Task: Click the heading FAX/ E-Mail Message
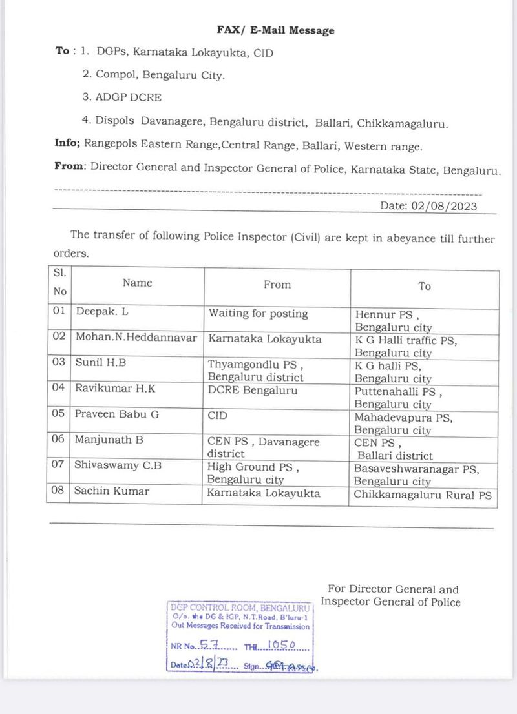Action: click(x=275, y=30)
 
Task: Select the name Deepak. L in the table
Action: click(x=102, y=312)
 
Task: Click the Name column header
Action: click(x=137, y=283)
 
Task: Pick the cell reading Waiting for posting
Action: click(x=258, y=313)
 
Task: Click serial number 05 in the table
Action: click(x=59, y=414)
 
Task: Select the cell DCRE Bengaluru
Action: click(x=253, y=390)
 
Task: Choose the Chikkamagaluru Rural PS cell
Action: click(x=423, y=496)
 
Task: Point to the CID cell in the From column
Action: click(x=217, y=414)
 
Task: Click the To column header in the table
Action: click(x=425, y=285)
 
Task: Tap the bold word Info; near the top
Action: click(x=67, y=144)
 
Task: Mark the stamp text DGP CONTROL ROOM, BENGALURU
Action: click(x=240, y=607)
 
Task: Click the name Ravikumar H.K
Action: click(x=115, y=389)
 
